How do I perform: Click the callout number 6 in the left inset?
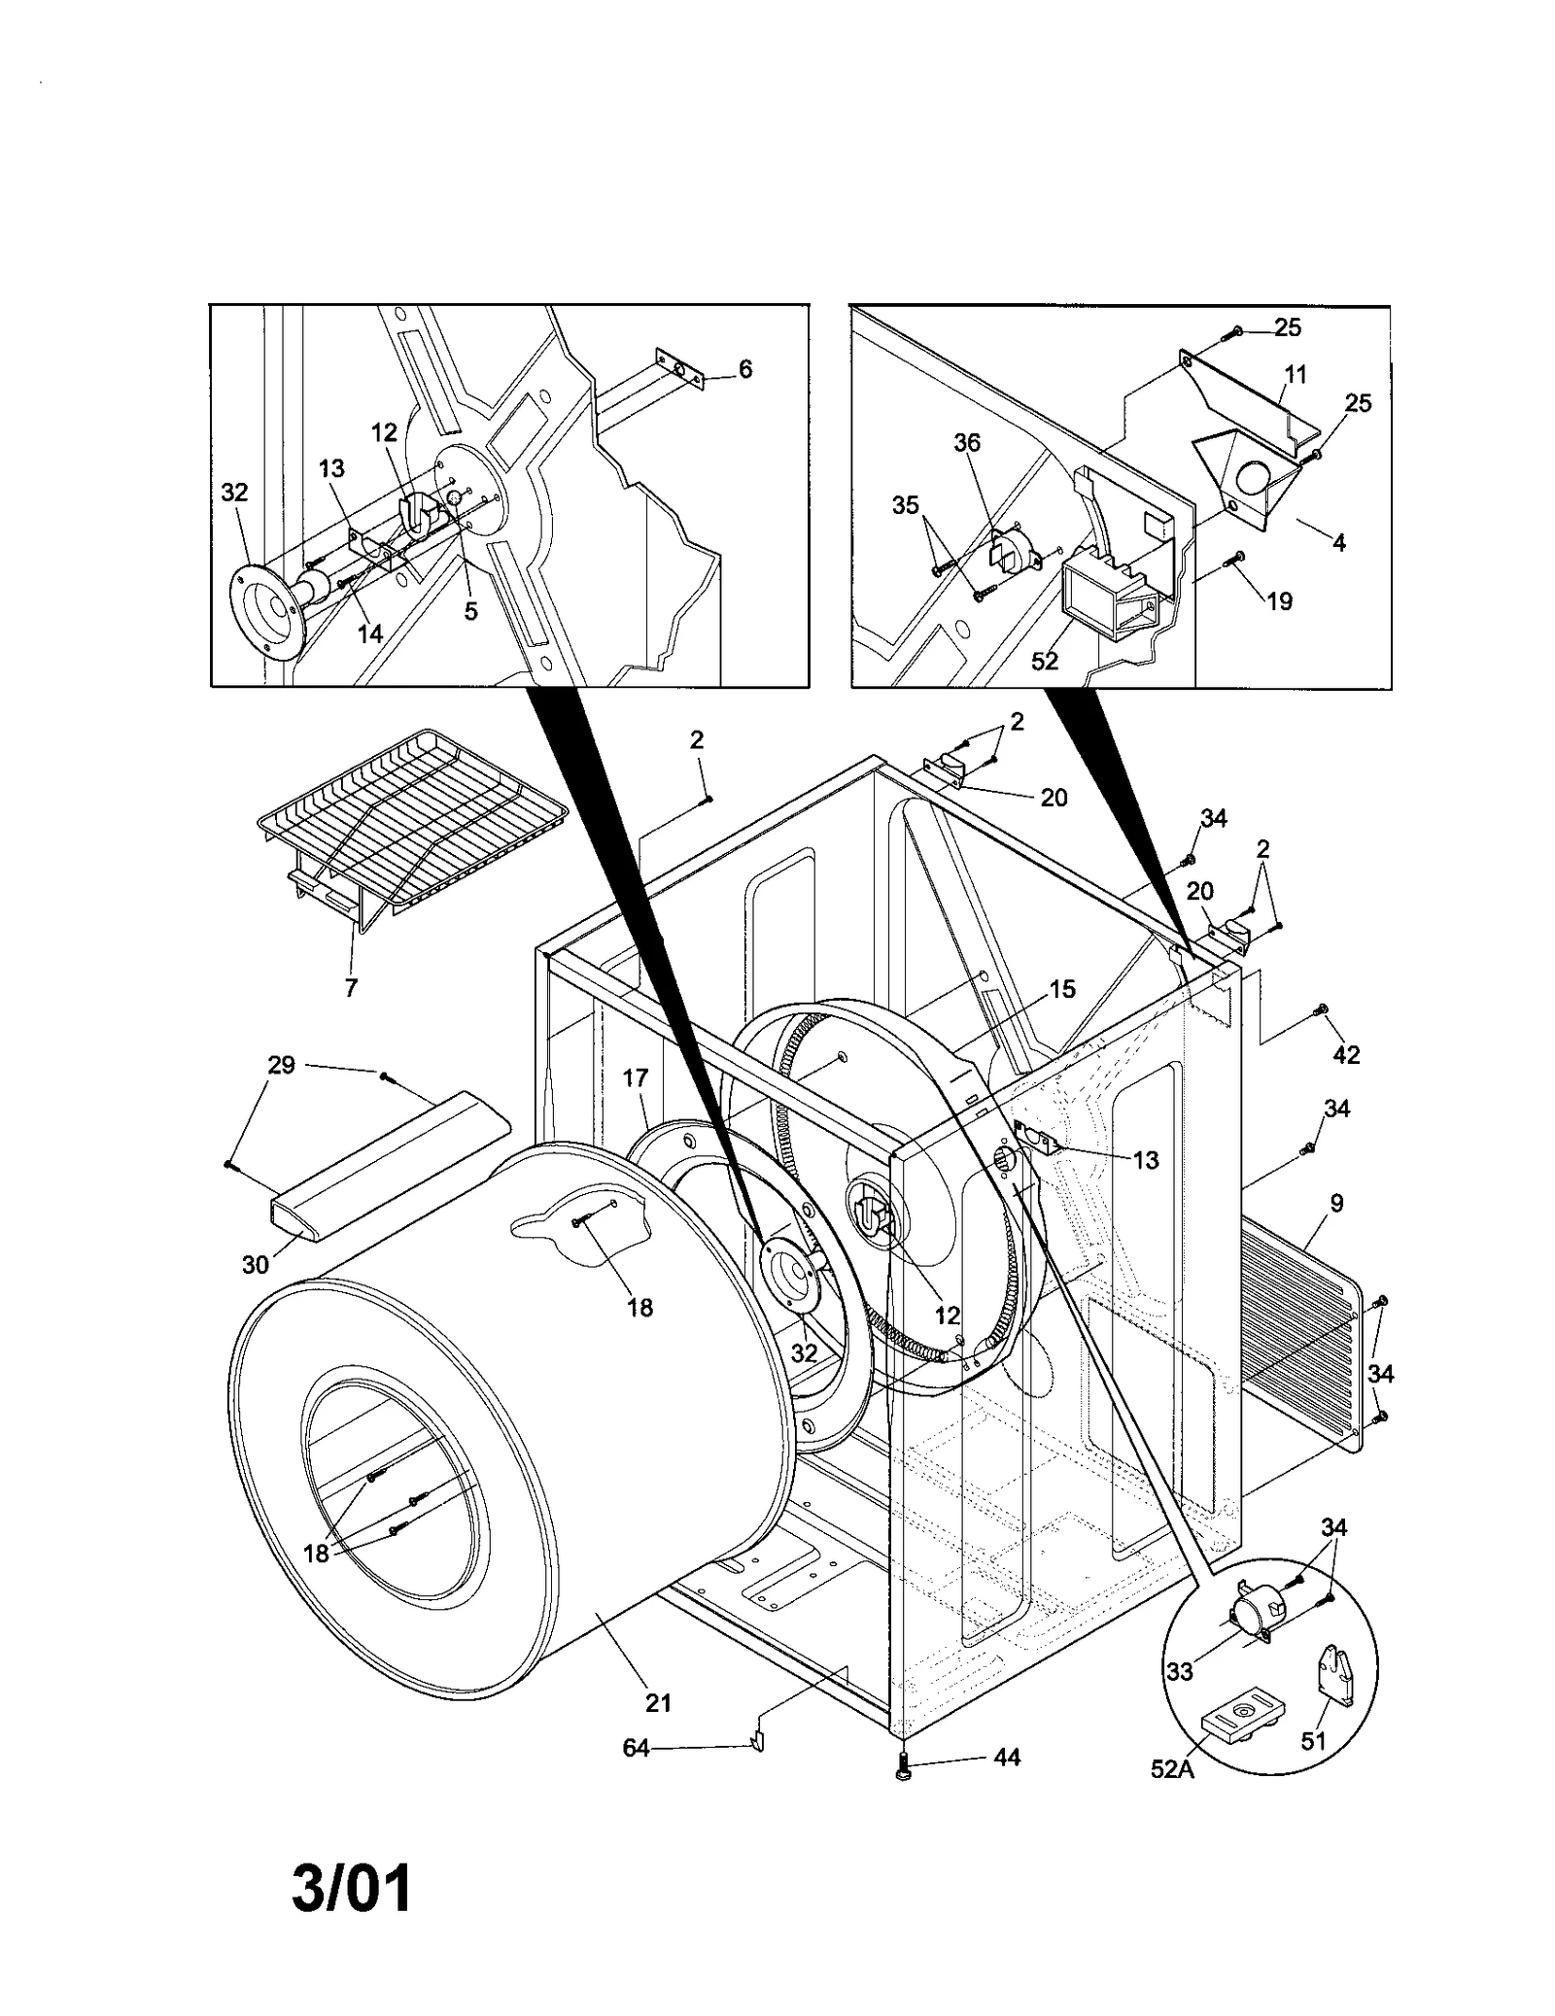(745, 369)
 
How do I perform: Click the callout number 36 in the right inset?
(967, 443)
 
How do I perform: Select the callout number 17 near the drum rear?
(636, 1077)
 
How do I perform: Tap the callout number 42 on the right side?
(1346, 1054)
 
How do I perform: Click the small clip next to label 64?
(756, 1743)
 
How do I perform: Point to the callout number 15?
(1062, 989)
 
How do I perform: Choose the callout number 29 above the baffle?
(281, 1065)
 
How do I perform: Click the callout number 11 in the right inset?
(1296, 374)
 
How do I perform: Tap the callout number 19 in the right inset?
(1280, 601)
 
